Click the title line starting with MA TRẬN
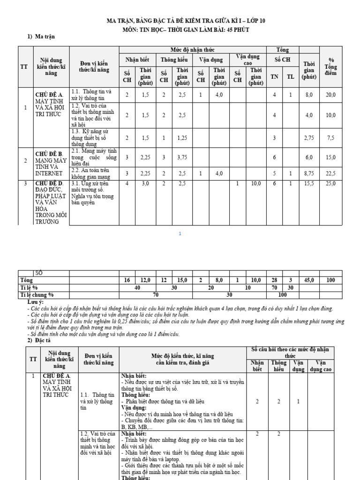click(180, 21)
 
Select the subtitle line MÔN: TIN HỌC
click(180, 30)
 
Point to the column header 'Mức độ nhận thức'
click(193, 50)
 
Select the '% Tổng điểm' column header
click(331, 67)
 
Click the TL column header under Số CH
click(291, 77)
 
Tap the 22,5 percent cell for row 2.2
click(331, 173)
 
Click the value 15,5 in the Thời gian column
click(309, 184)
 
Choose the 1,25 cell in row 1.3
click(182, 137)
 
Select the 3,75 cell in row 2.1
click(182, 157)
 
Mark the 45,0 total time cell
click(309, 280)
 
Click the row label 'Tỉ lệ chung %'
click(37, 295)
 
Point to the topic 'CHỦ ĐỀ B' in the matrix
click(49, 153)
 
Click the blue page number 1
click(180, 233)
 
